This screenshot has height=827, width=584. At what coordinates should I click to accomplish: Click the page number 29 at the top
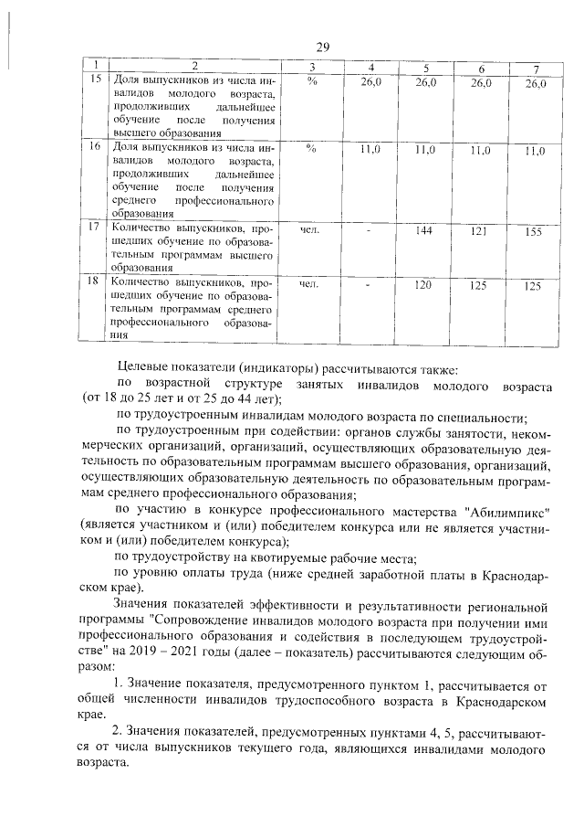tap(322, 48)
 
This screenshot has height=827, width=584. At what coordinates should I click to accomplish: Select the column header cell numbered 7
tap(536, 69)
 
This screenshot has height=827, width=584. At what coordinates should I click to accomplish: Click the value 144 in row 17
tap(423, 231)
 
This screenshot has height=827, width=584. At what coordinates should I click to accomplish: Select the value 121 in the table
tap(478, 232)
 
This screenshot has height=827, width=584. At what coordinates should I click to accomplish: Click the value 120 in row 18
tap(423, 286)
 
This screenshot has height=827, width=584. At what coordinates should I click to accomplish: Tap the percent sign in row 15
tap(311, 82)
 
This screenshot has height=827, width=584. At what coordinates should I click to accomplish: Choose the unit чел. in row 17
tap(310, 230)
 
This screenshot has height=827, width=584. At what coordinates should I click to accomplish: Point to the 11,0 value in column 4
tap(370, 149)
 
